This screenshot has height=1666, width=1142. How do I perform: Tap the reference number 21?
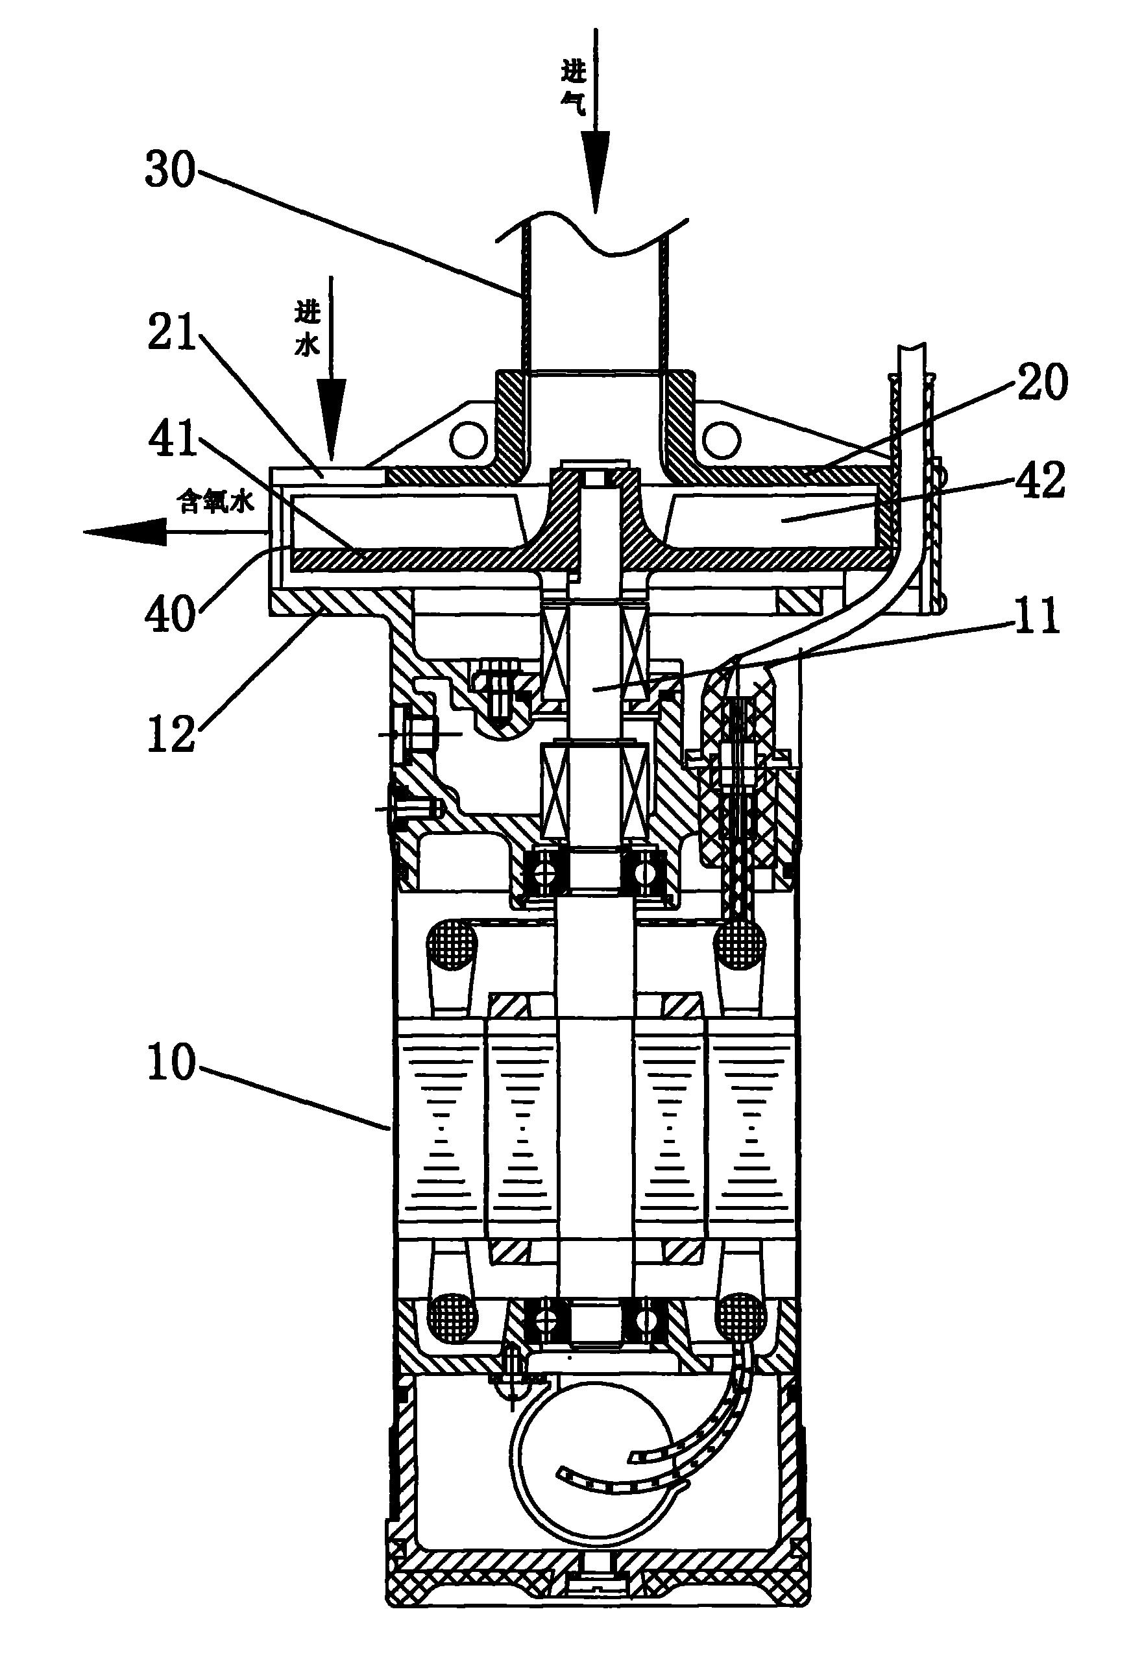click(x=172, y=335)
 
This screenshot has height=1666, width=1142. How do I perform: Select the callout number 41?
click(x=172, y=438)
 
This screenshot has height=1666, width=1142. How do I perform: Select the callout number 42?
click(x=1039, y=481)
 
